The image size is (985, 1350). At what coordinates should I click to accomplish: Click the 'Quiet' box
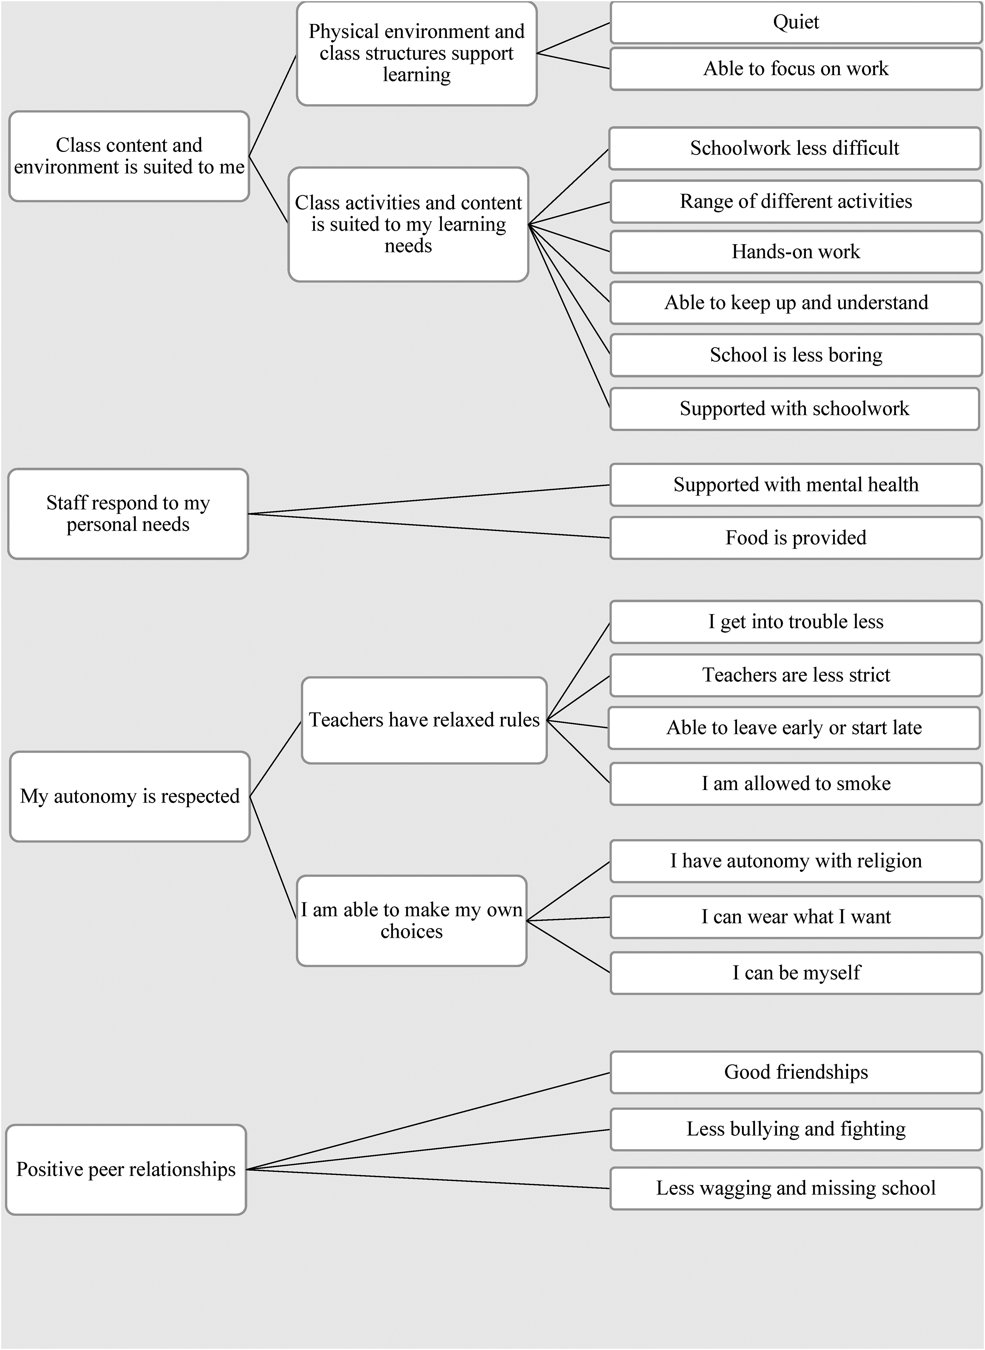point(796,23)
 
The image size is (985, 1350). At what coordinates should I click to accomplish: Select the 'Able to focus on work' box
point(796,69)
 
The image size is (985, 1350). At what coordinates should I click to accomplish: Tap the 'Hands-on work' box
point(796,252)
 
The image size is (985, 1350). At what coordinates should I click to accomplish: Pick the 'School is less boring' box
point(796,355)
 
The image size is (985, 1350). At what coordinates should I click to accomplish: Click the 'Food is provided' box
point(796,538)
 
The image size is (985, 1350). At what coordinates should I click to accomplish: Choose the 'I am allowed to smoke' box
point(796,784)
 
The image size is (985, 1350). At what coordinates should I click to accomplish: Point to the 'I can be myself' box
point(796,973)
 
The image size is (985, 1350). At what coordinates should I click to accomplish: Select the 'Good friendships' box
point(796,1072)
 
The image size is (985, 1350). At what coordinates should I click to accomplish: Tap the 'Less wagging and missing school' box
point(796,1189)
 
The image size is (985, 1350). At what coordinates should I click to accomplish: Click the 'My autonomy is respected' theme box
point(130,796)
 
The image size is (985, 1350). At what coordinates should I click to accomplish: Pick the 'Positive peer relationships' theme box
point(126,1170)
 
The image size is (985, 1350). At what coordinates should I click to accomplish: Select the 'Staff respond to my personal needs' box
point(128,514)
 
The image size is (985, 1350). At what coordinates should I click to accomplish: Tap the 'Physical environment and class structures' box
point(417,54)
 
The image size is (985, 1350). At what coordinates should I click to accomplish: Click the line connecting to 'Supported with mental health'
point(429,499)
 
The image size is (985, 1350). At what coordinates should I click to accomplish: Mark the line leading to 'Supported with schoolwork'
point(570,316)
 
